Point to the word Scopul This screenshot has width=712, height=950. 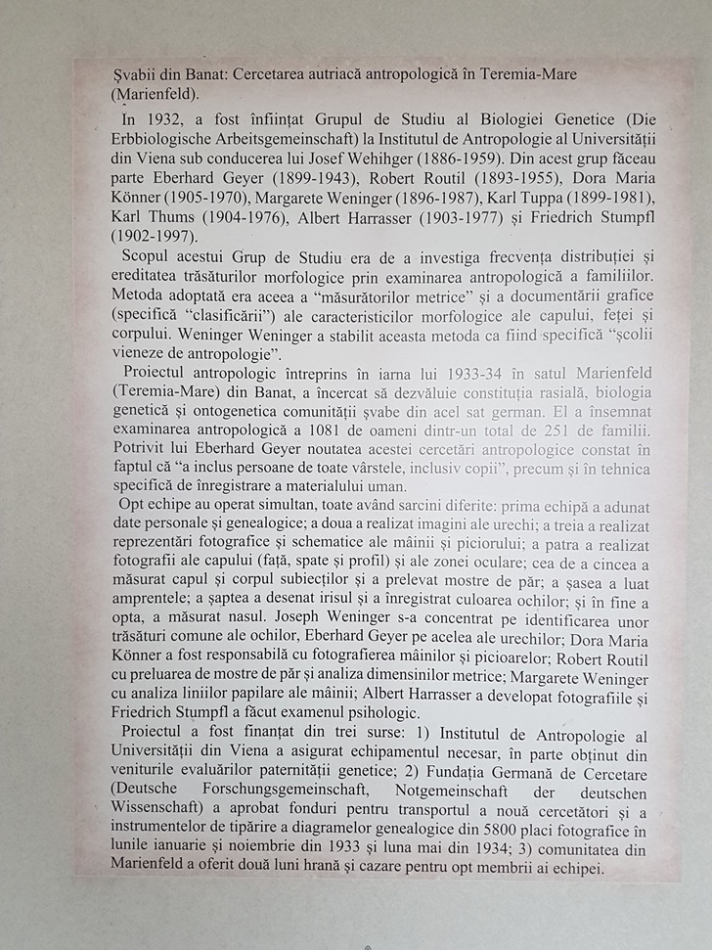[x=145, y=255]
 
